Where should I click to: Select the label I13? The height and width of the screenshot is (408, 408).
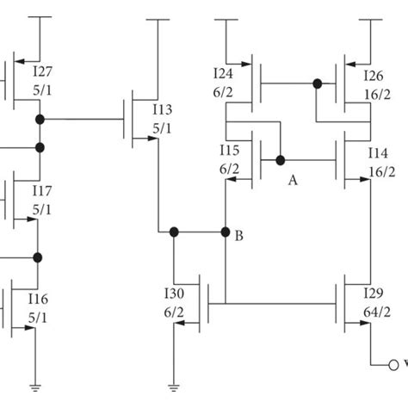[163, 108]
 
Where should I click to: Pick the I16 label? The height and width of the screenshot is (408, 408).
[38, 298]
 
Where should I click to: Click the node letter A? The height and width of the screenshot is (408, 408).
[293, 180]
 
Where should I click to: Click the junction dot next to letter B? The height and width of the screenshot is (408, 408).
[226, 232]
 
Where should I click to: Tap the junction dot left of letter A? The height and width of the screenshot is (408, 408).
[280, 159]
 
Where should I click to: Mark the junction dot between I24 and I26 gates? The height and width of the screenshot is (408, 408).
[317, 83]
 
